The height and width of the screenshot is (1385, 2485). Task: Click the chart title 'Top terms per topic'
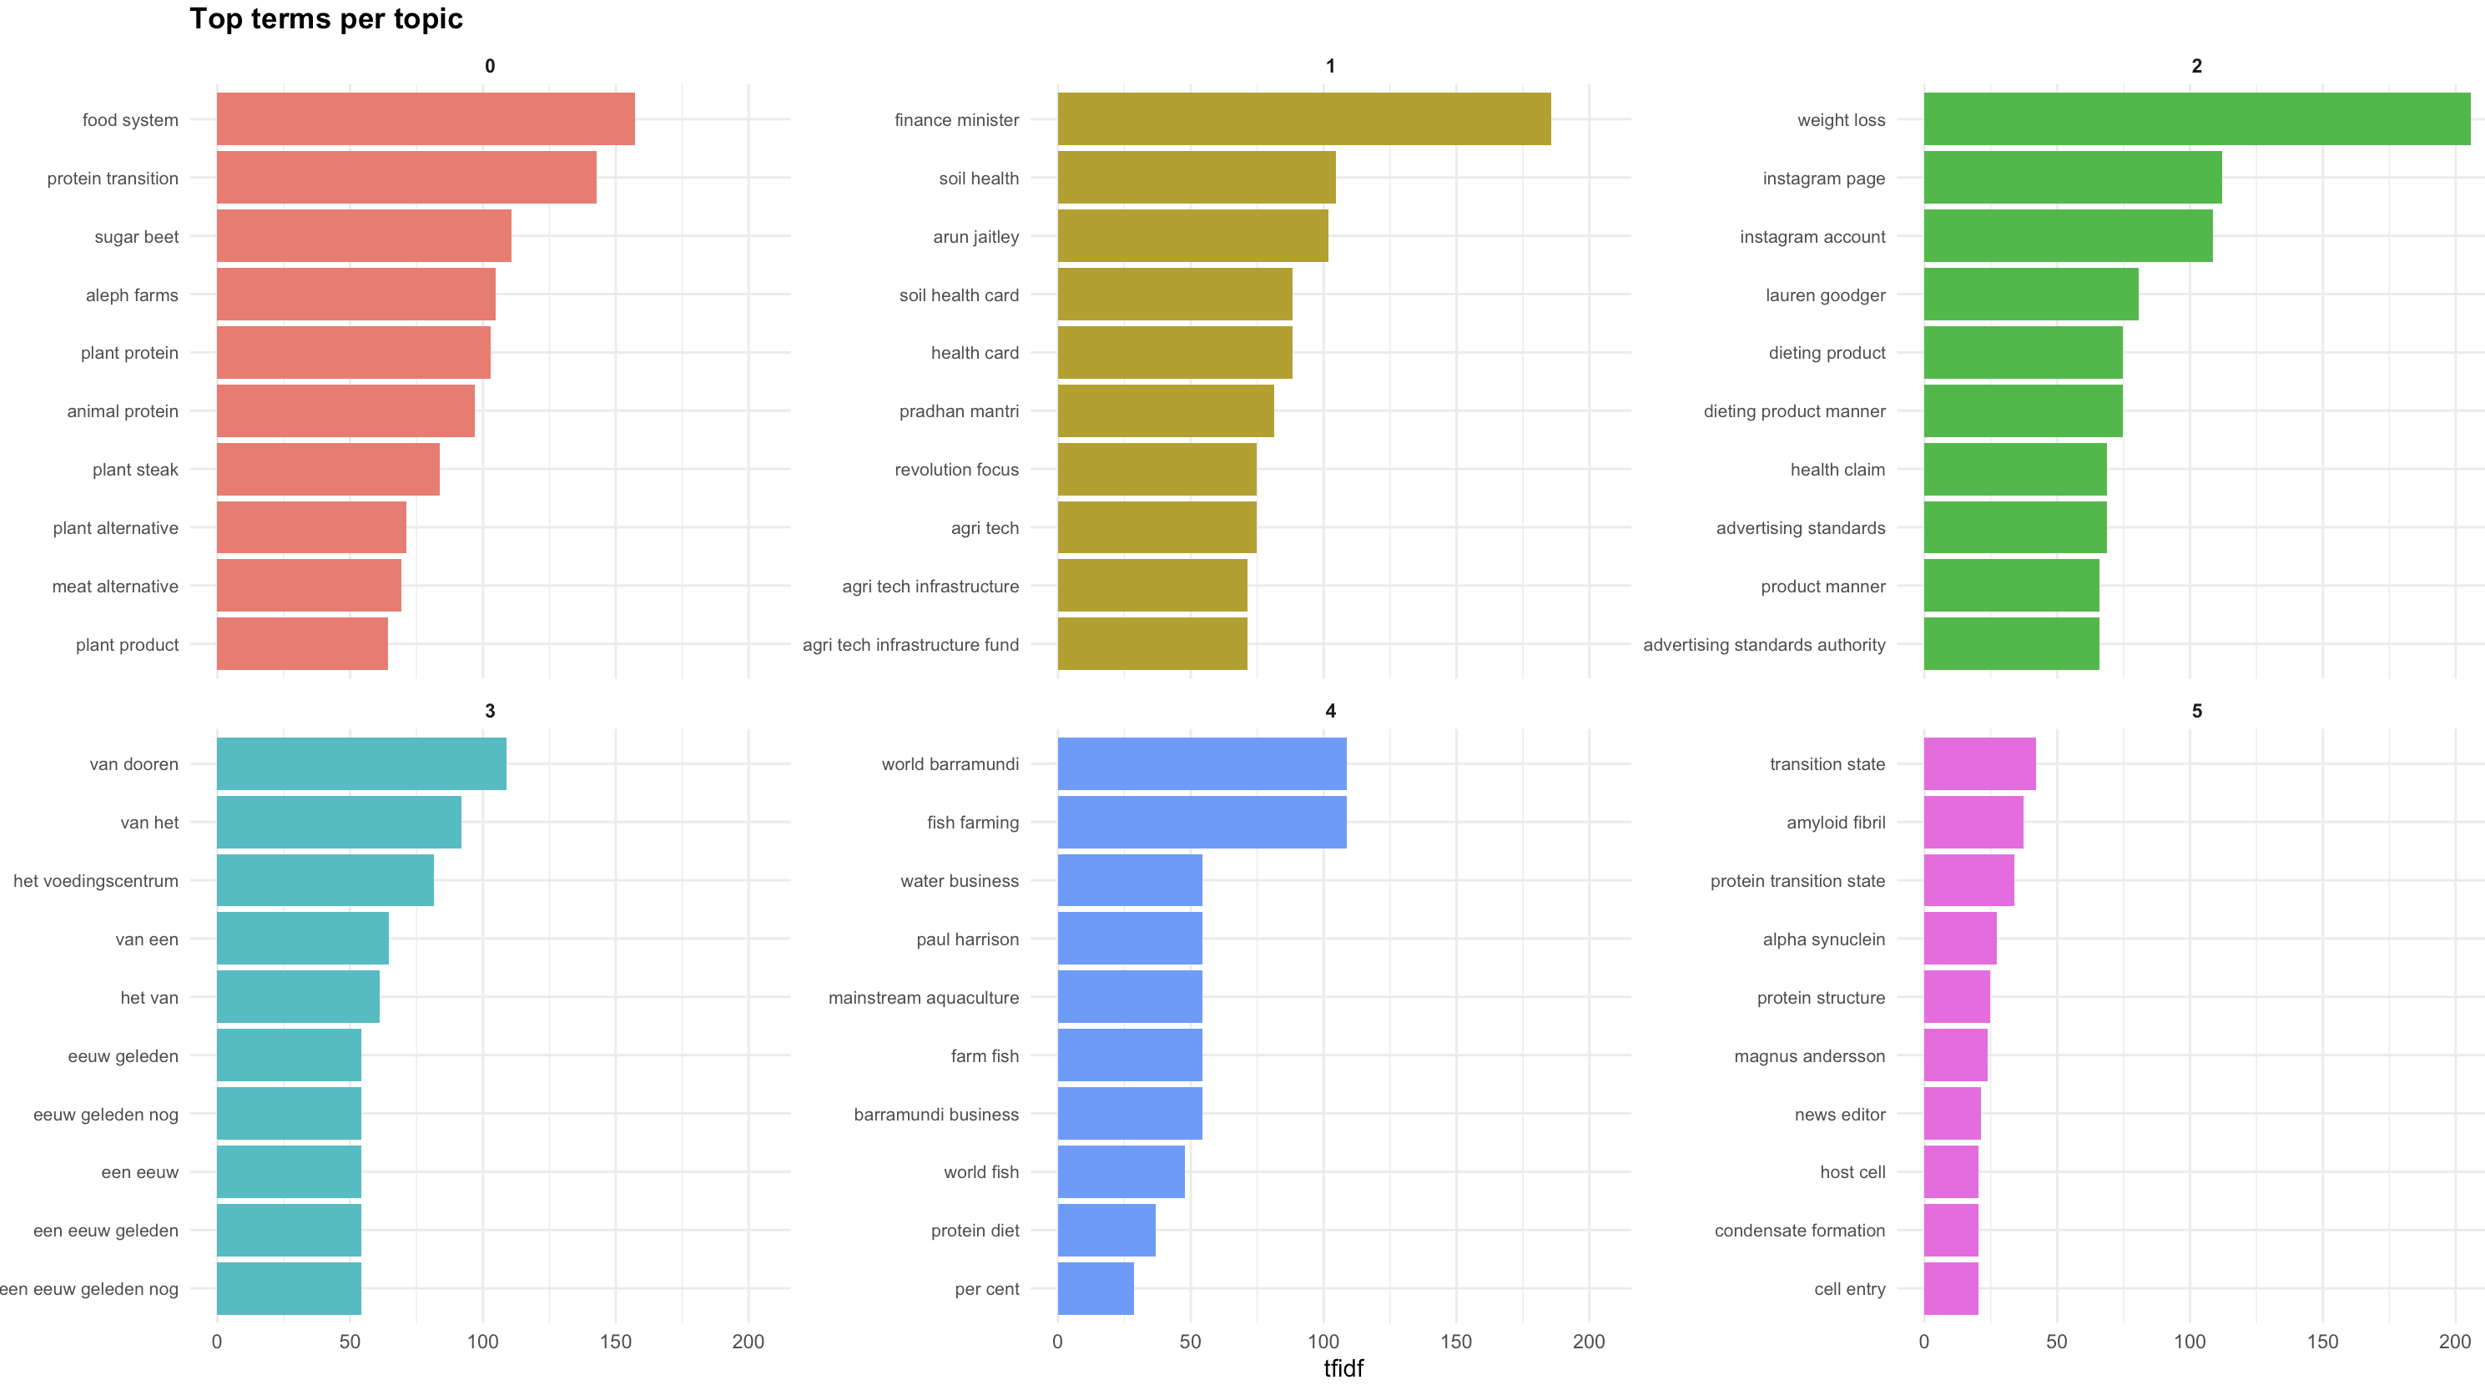pyautogui.click(x=326, y=18)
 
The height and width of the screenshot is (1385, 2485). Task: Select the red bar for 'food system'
pyautogui.click(x=426, y=119)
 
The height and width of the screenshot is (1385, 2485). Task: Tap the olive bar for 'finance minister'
pyautogui.click(x=1303, y=119)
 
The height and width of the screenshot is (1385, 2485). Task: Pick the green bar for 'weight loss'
pyautogui.click(x=2196, y=119)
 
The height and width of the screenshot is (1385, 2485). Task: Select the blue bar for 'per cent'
pyautogui.click(x=1095, y=1288)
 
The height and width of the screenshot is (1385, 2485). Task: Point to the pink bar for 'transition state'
pyautogui.click(x=1979, y=764)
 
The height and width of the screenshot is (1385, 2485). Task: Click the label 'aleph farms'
pyautogui.click(x=132, y=295)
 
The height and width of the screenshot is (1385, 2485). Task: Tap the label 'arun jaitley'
pyautogui.click(x=975, y=237)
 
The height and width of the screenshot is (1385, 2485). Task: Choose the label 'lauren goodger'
pyautogui.click(x=1825, y=295)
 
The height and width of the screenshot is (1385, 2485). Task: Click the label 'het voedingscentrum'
pyautogui.click(x=95, y=880)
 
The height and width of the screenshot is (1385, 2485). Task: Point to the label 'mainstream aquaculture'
pyautogui.click(x=923, y=997)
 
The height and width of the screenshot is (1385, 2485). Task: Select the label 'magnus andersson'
pyautogui.click(x=1809, y=1056)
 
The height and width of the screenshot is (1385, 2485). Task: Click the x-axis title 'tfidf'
pyautogui.click(x=1343, y=1367)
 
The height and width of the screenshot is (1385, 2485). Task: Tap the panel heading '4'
pyautogui.click(x=1330, y=711)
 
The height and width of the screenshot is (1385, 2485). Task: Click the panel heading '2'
pyautogui.click(x=2196, y=66)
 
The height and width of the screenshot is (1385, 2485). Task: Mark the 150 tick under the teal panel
pyautogui.click(x=616, y=1342)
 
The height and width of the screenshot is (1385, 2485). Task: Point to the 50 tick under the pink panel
pyautogui.click(x=2057, y=1342)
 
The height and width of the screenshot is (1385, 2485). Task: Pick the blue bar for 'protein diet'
pyautogui.click(x=1106, y=1231)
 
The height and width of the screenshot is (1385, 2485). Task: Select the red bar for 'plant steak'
pyautogui.click(x=328, y=470)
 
